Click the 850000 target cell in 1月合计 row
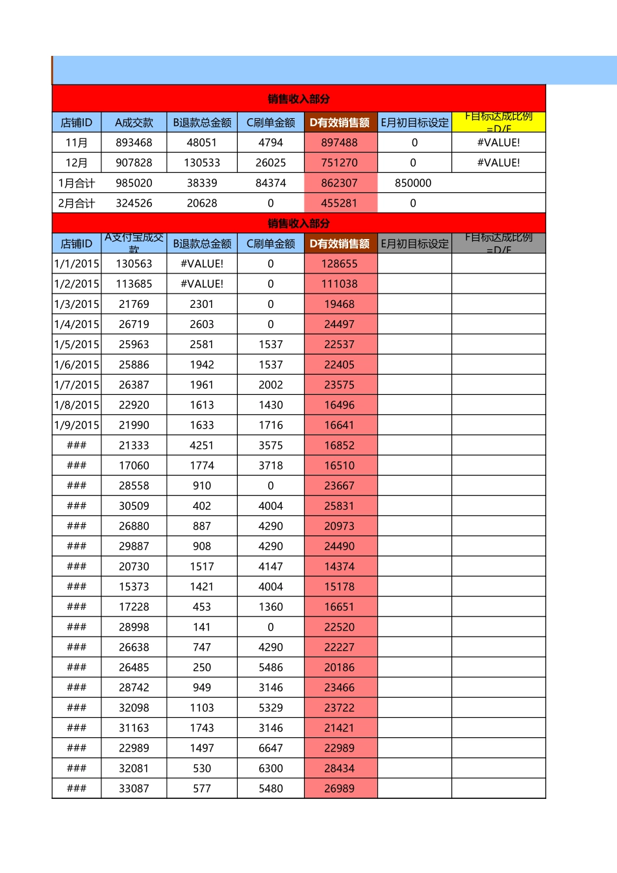pos(413,183)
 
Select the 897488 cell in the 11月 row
pos(340,143)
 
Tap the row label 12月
pos(77,163)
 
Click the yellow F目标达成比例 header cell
pos(498,122)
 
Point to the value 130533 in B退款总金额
pos(202,163)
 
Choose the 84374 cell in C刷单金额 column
pos(271,183)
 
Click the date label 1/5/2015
pos(77,344)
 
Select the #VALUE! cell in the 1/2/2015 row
pos(202,284)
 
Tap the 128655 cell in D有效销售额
pos(340,264)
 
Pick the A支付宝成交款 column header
pos(134,244)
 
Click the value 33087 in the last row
pos(134,789)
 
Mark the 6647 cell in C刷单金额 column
pos(271,748)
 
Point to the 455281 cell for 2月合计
pos(340,203)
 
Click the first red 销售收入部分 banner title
pos(299,99)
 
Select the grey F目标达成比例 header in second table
pos(498,244)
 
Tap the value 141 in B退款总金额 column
pos(202,627)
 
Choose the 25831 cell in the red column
pos(340,506)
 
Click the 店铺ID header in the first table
pos(77,123)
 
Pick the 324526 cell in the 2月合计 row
pos(134,203)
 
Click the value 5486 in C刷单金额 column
pos(271,668)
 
